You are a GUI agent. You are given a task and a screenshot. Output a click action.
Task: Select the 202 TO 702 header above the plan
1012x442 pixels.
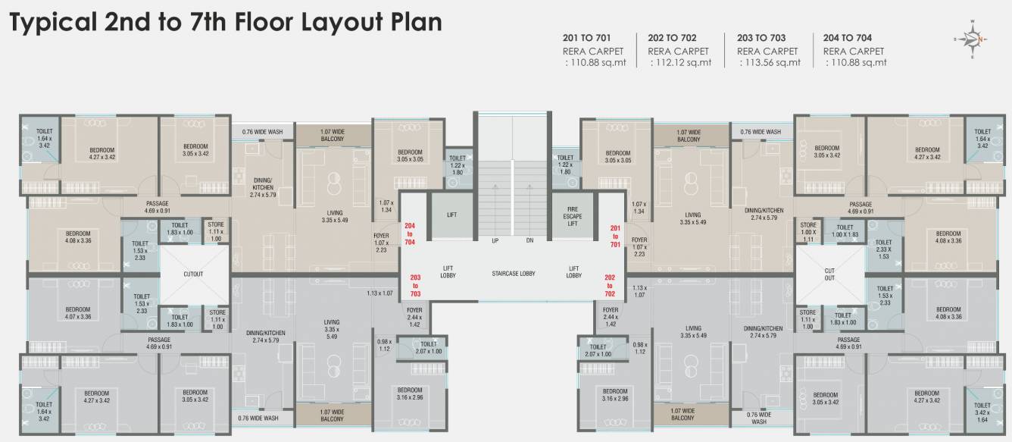672,37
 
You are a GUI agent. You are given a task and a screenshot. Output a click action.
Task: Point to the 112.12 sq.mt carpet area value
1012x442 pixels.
682,63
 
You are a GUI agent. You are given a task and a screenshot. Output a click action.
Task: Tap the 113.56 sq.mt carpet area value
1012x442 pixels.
770,63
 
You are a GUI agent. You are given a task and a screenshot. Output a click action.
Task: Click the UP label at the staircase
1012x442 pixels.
495,240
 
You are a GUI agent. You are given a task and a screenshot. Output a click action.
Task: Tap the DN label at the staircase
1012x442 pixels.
529,240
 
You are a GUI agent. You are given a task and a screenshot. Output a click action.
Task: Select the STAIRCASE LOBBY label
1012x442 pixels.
513,273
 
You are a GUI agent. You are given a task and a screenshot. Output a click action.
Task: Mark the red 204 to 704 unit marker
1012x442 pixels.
410,234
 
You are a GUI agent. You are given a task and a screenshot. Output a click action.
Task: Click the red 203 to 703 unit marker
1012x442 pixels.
415,285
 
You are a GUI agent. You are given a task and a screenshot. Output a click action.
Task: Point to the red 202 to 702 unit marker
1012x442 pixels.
610,285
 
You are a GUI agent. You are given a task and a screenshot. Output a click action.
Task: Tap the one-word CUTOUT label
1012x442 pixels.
193,274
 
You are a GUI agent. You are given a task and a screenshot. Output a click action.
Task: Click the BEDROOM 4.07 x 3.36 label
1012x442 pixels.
77,313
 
